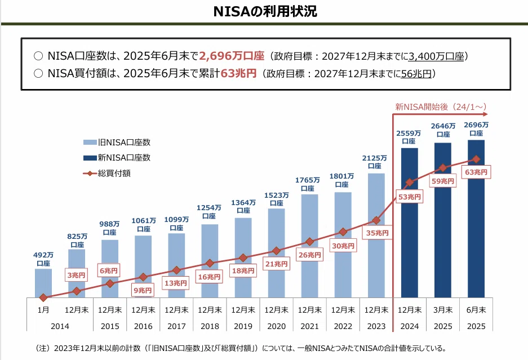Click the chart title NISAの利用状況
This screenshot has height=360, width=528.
(x=265, y=11)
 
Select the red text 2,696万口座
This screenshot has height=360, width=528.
(x=232, y=56)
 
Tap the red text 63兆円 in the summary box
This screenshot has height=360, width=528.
(x=238, y=73)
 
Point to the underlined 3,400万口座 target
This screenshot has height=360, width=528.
(x=436, y=56)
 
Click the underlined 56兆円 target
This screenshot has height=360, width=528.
(x=416, y=74)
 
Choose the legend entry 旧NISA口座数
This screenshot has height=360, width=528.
(x=117, y=143)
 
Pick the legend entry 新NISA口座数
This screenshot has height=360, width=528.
(x=117, y=158)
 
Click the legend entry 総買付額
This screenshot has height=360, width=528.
(x=107, y=174)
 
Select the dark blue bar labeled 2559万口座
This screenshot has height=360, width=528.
(x=410, y=223)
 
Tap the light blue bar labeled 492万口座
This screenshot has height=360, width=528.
(x=43, y=283)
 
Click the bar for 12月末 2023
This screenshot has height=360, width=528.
(x=376, y=235)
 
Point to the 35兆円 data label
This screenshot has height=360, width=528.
(x=377, y=233)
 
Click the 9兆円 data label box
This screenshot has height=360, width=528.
(x=143, y=290)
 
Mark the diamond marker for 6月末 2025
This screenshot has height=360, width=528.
(x=476, y=159)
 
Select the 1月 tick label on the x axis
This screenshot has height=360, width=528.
(x=43, y=310)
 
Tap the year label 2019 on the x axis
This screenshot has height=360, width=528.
(x=243, y=326)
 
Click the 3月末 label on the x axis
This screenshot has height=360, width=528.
(x=443, y=310)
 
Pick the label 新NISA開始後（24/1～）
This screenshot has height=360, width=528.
(x=441, y=106)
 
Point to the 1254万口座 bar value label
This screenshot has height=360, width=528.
(x=209, y=212)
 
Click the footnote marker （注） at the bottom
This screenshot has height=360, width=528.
(x=43, y=348)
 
